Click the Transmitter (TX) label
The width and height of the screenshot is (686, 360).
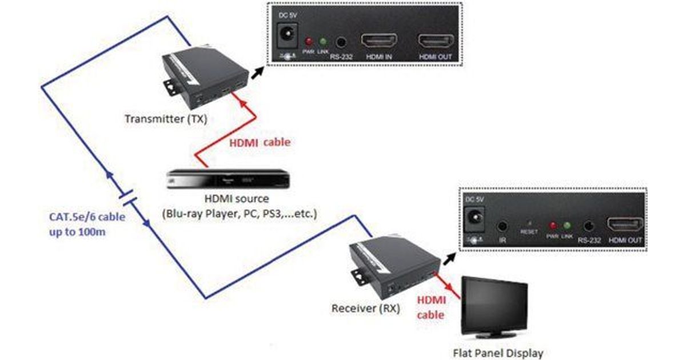click(166, 119)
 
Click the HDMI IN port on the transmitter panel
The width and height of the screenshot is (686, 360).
click(378, 42)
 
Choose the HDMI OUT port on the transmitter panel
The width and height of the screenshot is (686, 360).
click(436, 42)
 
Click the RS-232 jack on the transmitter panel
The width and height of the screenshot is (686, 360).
click(342, 42)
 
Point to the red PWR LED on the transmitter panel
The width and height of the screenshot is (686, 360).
click(309, 42)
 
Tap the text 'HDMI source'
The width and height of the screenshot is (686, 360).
click(236, 199)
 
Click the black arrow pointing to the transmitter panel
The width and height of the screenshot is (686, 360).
click(258, 69)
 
